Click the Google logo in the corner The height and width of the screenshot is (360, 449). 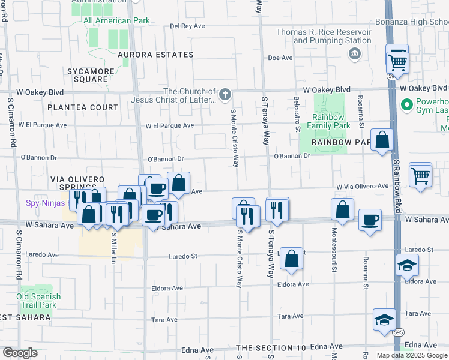click(19, 353)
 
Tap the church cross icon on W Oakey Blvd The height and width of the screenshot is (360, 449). click(224, 94)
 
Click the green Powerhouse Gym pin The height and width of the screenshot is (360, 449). click(406, 106)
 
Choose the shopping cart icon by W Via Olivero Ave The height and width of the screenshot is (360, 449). click(420, 176)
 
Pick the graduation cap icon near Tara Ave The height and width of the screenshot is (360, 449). click(384, 321)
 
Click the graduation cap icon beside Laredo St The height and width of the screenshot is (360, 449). click(407, 265)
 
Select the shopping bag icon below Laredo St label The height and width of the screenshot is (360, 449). click(291, 259)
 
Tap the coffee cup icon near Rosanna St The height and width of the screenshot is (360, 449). click(370, 220)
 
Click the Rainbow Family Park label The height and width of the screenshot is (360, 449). click(328, 121)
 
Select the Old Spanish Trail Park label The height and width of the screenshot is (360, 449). click(38, 301)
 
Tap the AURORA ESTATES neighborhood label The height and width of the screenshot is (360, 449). click(155, 55)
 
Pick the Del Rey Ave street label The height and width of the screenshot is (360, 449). click(188, 26)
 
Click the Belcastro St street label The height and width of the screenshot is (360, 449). click(297, 113)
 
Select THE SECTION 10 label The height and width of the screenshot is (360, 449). click(271, 348)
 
